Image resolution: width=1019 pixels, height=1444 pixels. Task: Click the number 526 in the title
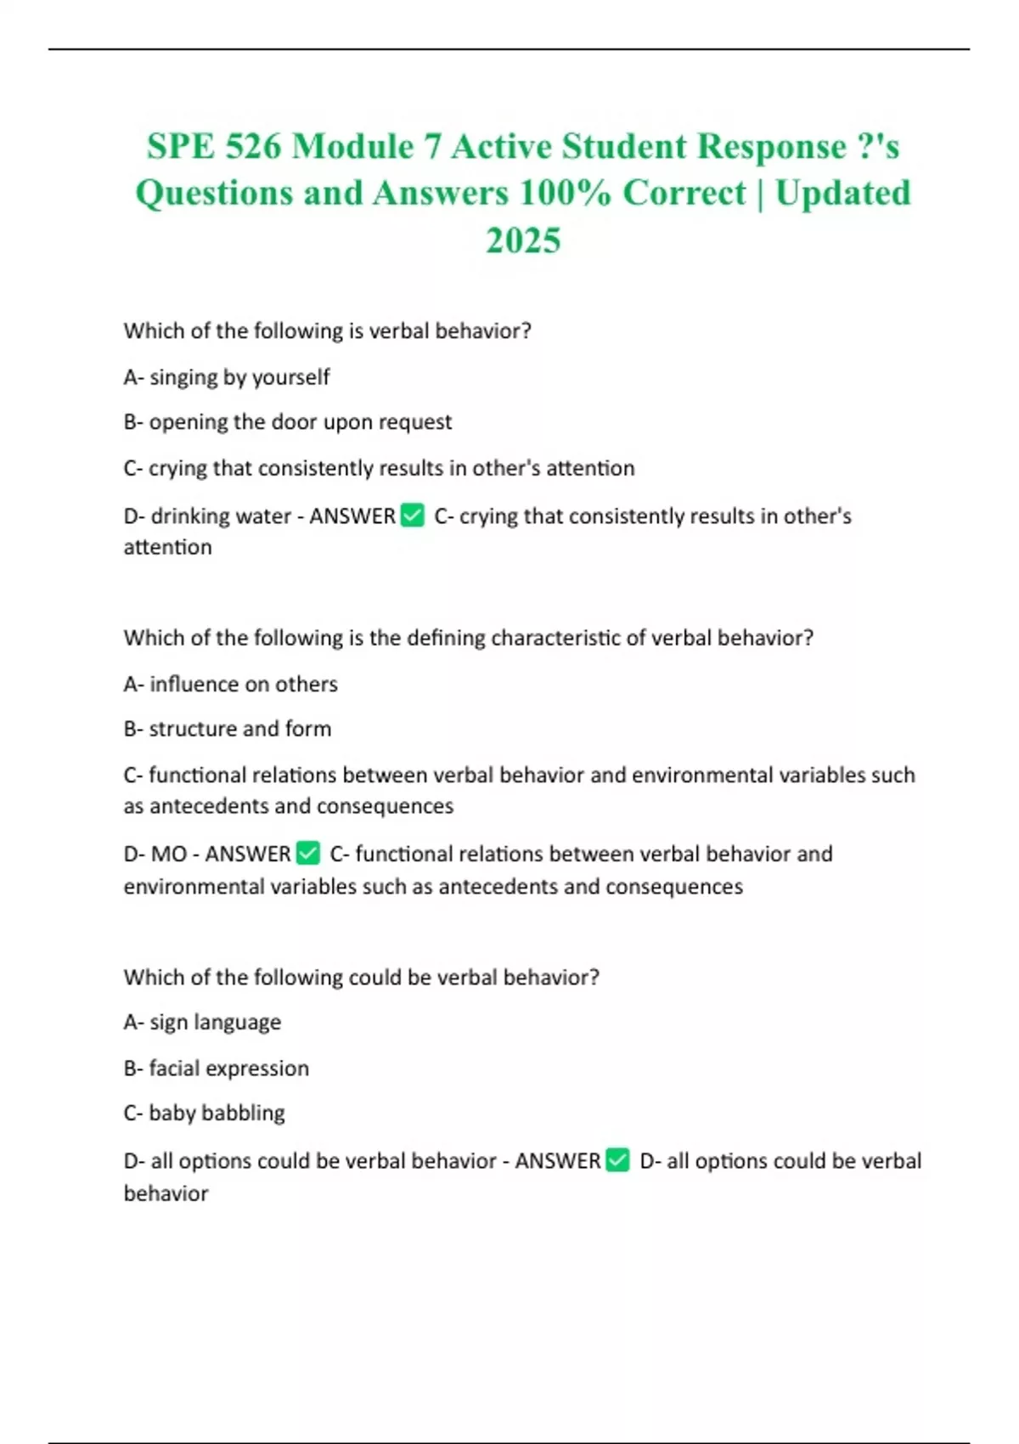click(252, 146)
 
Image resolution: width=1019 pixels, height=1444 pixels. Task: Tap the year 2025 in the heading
click(523, 240)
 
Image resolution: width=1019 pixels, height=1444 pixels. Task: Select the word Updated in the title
click(842, 193)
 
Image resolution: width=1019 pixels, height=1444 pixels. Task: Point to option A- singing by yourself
click(227, 376)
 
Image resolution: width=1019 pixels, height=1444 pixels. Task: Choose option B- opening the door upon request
click(288, 422)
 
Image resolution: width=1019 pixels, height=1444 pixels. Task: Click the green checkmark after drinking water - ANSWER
click(413, 516)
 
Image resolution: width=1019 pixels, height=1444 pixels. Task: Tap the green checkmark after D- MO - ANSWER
click(308, 853)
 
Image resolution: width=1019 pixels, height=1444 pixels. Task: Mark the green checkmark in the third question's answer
click(618, 1160)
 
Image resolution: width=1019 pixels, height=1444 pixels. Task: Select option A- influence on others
click(231, 684)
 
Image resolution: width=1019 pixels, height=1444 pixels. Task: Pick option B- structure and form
click(228, 729)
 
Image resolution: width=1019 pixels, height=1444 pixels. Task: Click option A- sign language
click(202, 1022)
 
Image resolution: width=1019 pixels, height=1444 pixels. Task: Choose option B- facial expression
click(217, 1068)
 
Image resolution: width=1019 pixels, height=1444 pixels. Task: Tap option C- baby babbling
click(205, 1113)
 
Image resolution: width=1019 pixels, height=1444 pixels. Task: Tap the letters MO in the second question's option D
click(168, 854)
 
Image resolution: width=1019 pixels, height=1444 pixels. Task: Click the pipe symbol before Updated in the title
click(760, 193)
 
